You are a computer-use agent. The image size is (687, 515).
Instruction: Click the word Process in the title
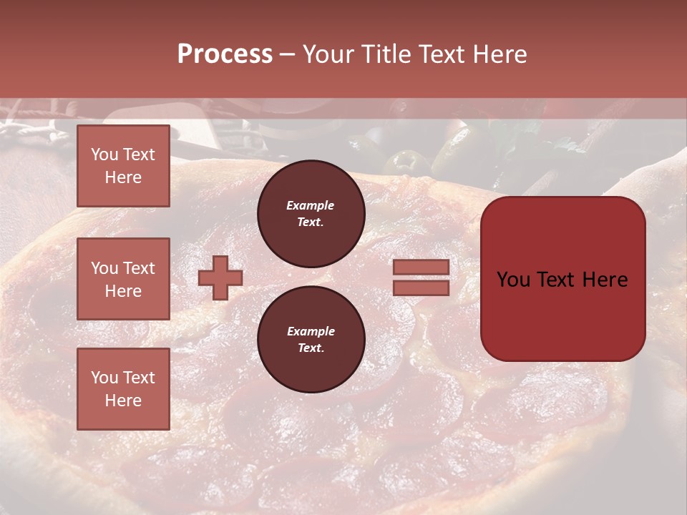click(x=225, y=54)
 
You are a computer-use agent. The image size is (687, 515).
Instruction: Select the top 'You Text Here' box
click(x=123, y=166)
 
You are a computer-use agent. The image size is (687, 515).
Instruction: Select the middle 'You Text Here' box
click(x=123, y=279)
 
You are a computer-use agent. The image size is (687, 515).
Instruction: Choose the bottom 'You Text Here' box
click(x=123, y=389)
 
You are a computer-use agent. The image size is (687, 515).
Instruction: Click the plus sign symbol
click(x=220, y=278)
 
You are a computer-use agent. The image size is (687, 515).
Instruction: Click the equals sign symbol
click(x=422, y=278)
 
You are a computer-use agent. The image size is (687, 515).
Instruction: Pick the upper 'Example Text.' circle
click(x=311, y=214)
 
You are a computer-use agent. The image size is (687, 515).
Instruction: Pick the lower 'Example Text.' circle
click(x=311, y=340)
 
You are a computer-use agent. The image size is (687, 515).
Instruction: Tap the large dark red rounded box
click(x=562, y=322)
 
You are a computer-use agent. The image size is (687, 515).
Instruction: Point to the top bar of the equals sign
click(x=422, y=268)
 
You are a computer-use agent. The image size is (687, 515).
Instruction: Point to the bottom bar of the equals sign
click(x=422, y=288)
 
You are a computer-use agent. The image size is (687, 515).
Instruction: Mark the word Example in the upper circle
click(x=311, y=205)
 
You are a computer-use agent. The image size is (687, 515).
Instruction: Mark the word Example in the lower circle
click(x=311, y=331)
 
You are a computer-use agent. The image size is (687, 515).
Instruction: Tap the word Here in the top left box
click(x=123, y=177)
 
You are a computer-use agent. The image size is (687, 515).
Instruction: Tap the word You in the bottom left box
click(x=104, y=378)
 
